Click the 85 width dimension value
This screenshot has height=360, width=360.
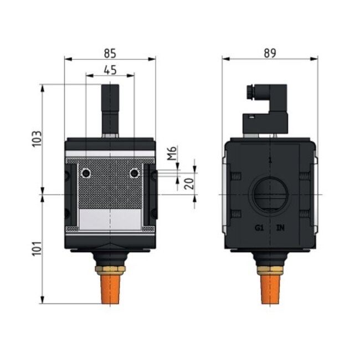[110, 54]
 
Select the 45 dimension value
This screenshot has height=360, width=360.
[110, 70]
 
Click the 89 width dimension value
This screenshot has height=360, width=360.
[270, 53]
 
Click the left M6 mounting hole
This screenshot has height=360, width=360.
[85, 174]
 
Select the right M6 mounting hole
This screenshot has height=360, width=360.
[134, 174]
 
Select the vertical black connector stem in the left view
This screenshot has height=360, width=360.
[110, 108]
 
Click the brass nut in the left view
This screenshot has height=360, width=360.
[110, 270]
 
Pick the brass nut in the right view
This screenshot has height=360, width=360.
[270, 270]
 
